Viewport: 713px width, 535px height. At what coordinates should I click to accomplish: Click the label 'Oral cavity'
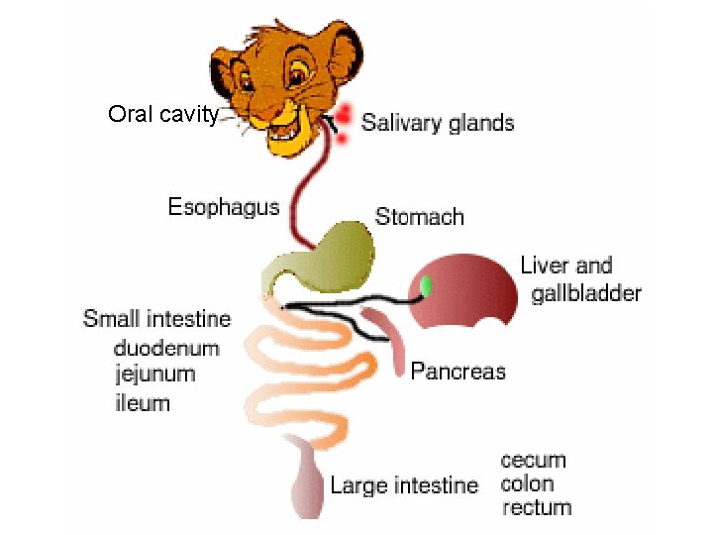click(x=163, y=115)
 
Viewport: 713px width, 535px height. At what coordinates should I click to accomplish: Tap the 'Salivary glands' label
click(x=437, y=123)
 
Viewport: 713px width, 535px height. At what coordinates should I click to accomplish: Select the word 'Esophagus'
click(x=224, y=207)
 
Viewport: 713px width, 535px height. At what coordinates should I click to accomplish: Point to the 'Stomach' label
click(x=419, y=216)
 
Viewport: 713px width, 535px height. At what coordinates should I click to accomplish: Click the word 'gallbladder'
click(x=586, y=293)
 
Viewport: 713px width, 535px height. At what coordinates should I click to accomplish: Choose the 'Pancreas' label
click(x=458, y=372)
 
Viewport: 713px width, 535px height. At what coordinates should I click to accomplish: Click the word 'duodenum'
click(x=166, y=348)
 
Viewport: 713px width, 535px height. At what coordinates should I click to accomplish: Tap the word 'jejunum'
click(x=154, y=374)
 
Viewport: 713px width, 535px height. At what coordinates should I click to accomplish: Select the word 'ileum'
click(x=142, y=403)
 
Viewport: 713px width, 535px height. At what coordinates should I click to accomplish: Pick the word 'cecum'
click(x=534, y=461)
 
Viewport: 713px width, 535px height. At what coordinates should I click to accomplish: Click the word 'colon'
click(x=528, y=484)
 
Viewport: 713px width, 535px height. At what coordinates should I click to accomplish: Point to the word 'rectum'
click(x=537, y=508)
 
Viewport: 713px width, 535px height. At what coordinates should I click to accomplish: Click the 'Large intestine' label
click(x=404, y=485)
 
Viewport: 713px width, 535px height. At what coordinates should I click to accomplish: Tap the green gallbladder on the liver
click(x=427, y=286)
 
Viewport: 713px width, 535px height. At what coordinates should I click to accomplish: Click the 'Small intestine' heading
click(x=157, y=319)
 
